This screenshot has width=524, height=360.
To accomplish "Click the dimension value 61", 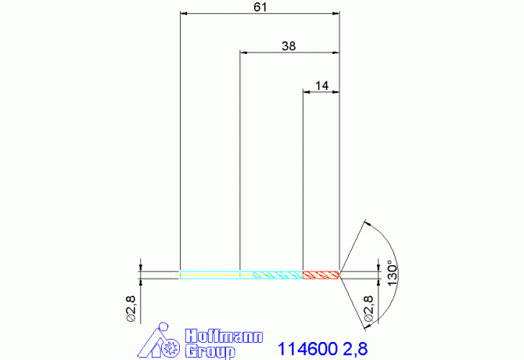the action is coord(260,7).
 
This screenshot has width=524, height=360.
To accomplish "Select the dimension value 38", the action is coord(289,46).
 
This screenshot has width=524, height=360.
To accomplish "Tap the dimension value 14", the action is coord(321,85).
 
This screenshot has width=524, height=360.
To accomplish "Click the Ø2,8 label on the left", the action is coord(131,309).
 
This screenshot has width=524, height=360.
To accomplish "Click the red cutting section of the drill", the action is coord(321,275).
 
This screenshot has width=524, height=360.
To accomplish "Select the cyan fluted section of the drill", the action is coord(278,275).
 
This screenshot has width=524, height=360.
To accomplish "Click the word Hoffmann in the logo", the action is coord(224,336).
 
